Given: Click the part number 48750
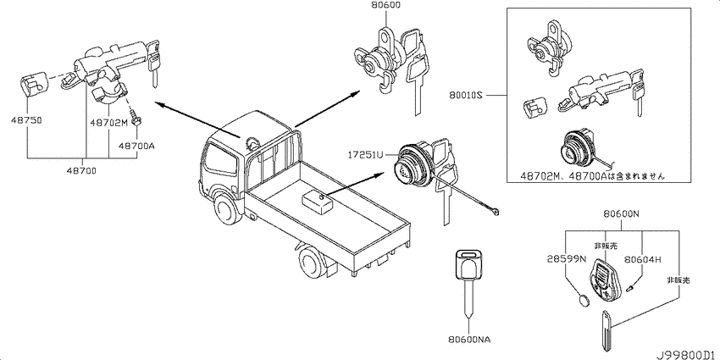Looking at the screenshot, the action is point(27,121).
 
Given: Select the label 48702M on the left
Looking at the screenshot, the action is point(108,123).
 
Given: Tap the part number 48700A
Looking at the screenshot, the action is point(136,146).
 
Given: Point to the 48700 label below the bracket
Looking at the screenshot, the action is point(83,171).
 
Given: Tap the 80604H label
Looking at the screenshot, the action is point(642,259).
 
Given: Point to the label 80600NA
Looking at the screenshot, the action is point(469,340).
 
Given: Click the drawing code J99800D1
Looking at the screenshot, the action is point(686,355).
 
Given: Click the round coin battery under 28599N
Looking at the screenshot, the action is point(584,301).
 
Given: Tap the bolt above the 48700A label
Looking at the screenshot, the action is point(136,119).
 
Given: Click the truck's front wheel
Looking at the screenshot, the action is point(226,211).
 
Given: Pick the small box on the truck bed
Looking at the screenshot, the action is point(318,203).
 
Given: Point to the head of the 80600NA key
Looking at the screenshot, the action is point(468,264).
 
